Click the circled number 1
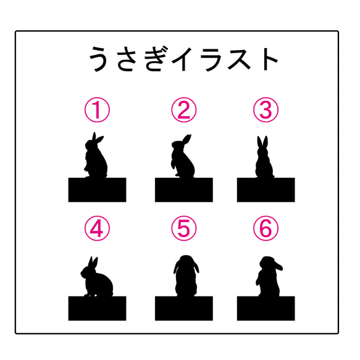pyautogui.click(x=97, y=110)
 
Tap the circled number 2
pyautogui.click(x=183, y=110)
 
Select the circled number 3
pyautogui.click(x=266, y=110)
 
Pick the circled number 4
pyautogui.click(x=97, y=228)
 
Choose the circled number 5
pyautogui.click(x=183, y=228)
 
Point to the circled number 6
pyautogui.click(x=266, y=228)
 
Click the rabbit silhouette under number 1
pyautogui.click(x=96, y=161)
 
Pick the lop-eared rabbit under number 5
pyautogui.click(x=186, y=278)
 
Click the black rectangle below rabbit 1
pyautogui.click(x=97, y=190)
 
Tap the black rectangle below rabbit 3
pyautogui.click(x=266, y=190)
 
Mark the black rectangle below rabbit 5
pyautogui.click(x=184, y=308)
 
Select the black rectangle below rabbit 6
pyautogui.click(x=266, y=308)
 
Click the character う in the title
pyautogui.click(x=99, y=59)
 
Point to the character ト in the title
pyautogui.click(x=268, y=59)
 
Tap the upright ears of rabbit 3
pyautogui.click(x=262, y=143)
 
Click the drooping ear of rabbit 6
pyautogui.click(x=278, y=266)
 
